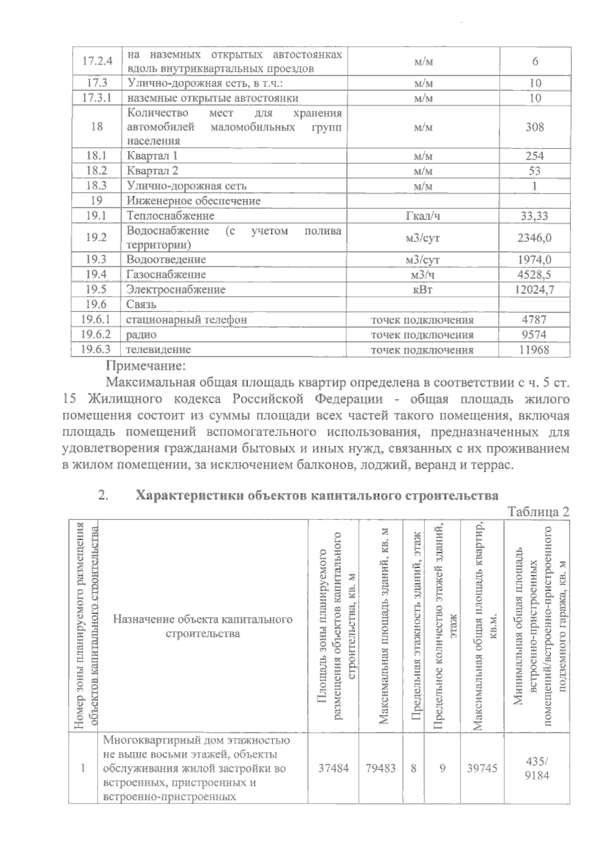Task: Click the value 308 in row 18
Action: point(534,127)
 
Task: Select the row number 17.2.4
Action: point(97,61)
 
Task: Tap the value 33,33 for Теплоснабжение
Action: point(534,216)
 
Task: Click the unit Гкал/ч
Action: point(422,216)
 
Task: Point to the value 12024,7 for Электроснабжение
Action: point(534,290)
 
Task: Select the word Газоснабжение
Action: point(166,274)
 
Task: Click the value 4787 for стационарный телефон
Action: point(534,320)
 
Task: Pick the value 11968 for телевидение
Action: point(534,350)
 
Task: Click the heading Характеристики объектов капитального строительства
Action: point(317,496)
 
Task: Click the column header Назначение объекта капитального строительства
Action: point(203,626)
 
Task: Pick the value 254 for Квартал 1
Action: point(534,156)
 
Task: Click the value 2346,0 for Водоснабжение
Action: point(534,238)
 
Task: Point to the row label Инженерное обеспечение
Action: point(194,201)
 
